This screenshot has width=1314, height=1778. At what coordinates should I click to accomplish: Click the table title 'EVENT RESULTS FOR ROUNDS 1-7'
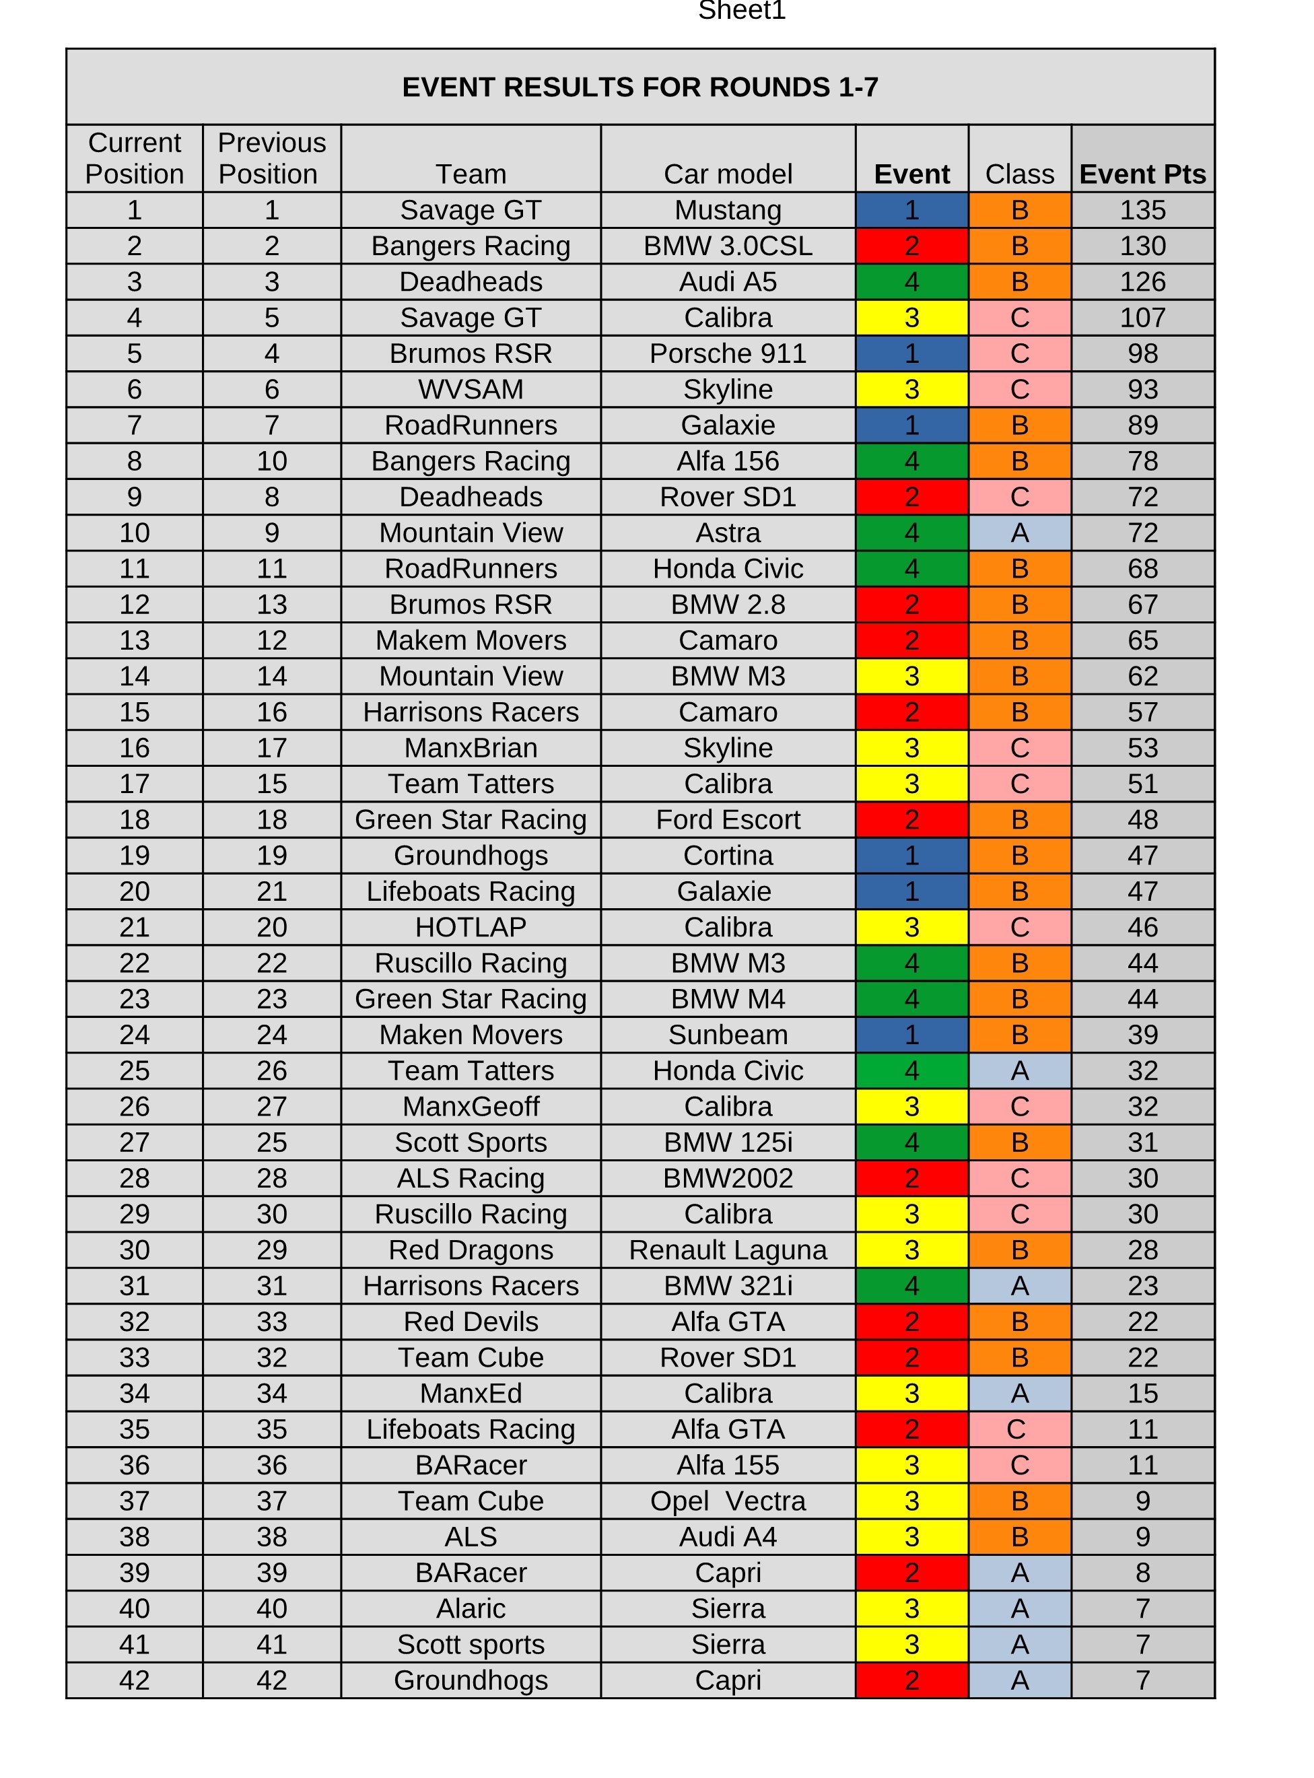pos(639,87)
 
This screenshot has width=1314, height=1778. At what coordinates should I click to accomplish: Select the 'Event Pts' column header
pos(1142,174)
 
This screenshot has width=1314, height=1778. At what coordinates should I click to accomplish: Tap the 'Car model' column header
pos(728,174)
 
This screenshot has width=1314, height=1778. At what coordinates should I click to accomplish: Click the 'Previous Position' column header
pos(271,158)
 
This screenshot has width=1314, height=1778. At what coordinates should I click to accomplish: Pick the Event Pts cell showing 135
pos(1142,210)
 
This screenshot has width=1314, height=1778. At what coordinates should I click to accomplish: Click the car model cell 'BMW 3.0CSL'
pos(728,246)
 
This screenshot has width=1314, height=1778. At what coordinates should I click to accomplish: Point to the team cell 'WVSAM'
pos(471,389)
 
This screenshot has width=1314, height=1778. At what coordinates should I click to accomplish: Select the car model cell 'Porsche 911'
pos(728,353)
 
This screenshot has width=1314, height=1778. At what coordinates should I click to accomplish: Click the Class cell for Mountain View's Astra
pos(1019,533)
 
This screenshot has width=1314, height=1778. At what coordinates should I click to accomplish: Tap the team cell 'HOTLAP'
pos(471,927)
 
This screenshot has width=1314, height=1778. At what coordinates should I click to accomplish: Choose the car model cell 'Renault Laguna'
pos(728,1250)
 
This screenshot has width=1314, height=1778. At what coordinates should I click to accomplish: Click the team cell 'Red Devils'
pos(471,1322)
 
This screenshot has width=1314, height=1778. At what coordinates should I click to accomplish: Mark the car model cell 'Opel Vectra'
pos(728,1501)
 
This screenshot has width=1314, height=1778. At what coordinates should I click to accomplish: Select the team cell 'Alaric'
pos(471,1608)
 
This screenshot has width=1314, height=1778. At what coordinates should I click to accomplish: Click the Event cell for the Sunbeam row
pos(911,1034)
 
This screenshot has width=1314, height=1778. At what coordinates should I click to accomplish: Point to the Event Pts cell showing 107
pos(1142,317)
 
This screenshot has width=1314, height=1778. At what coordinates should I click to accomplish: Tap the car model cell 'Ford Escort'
pos(728,819)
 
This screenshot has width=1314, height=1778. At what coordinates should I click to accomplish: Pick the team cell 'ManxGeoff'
pos(471,1106)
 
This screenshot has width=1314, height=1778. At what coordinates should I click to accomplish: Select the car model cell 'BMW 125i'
pos(728,1142)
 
